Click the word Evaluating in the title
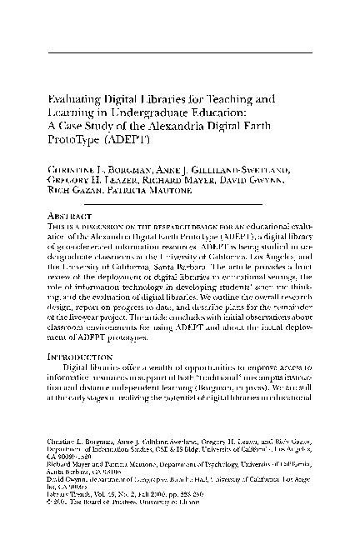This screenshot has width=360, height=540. coord(73,98)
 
